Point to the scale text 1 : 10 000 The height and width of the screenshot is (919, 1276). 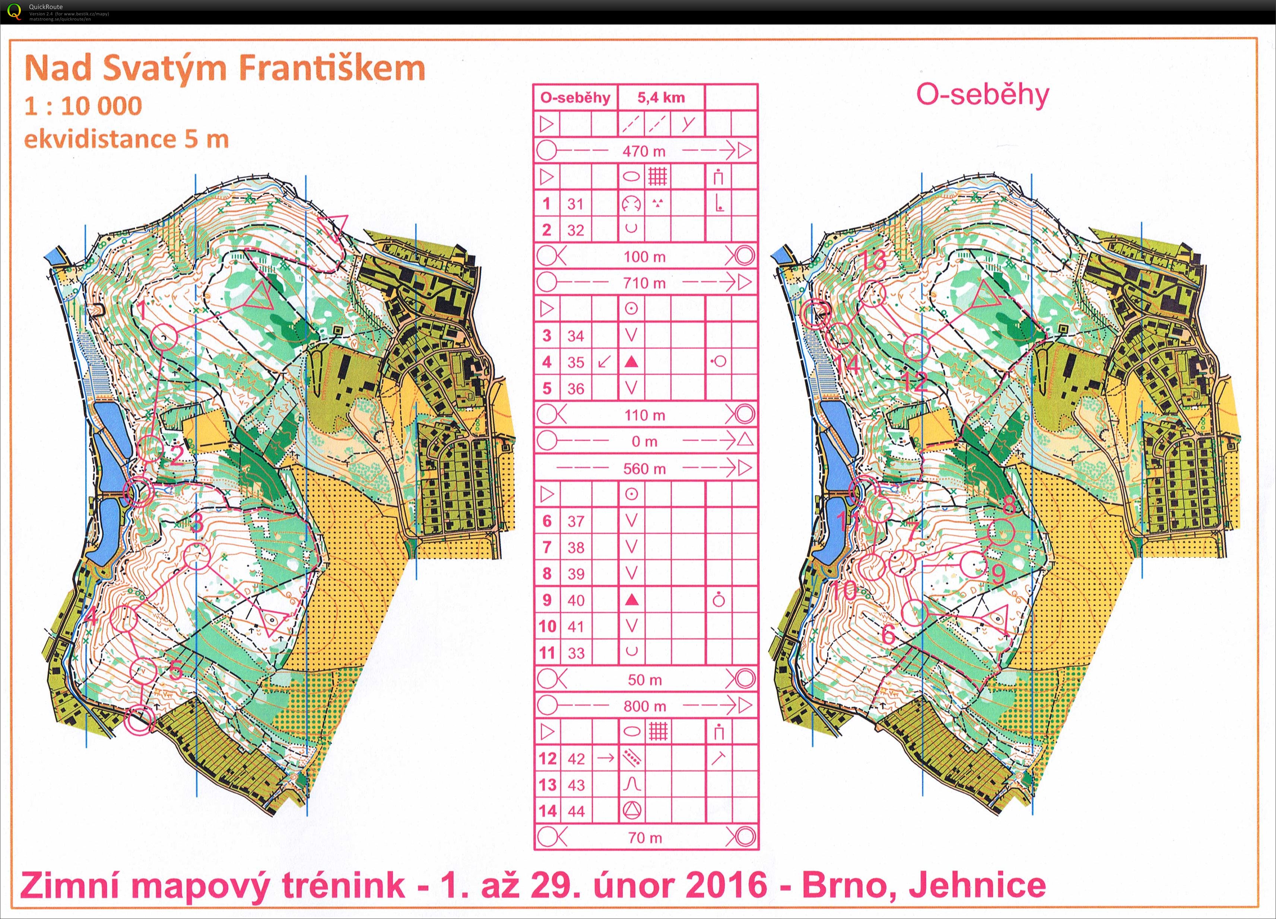click(83, 106)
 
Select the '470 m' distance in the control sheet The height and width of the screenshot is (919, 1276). click(644, 151)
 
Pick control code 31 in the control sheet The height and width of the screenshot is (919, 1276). click(575, 204)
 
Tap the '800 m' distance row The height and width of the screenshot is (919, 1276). click(644, 706)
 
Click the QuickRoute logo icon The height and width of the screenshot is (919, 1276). click(13, 11)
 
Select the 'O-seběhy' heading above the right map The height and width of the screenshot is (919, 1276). click(982, 95)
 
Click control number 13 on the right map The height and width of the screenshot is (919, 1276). click(874, 260)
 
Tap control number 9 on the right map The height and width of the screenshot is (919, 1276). click(997, 574)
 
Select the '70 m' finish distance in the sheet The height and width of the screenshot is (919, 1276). click(645, 837)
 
